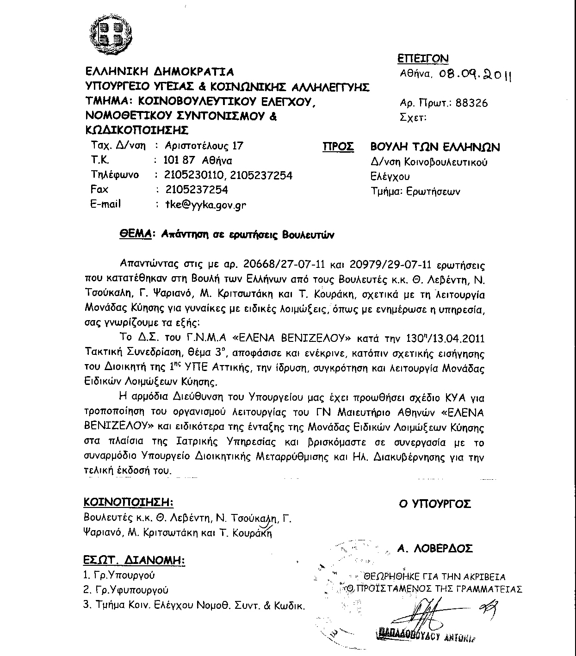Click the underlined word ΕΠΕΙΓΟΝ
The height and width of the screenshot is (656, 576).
click(x=423, y=58)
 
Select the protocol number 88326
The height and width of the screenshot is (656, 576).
click(x=471, y=103)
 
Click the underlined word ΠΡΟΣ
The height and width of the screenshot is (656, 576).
click(x=338, y=147)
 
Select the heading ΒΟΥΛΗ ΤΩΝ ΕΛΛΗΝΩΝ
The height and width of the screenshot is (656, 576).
click(x=435, y=147)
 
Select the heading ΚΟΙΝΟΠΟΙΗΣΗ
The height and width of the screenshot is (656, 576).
click(x=129, y=502)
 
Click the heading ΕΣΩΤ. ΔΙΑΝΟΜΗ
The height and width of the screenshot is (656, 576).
click(x=134, y=560)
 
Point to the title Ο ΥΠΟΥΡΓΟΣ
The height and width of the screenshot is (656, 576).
click(x=434, y=504)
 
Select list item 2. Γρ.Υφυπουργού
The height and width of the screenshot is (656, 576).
click(x=126, y=590)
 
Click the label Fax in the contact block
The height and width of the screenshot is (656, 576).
click(x=99, y=189)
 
